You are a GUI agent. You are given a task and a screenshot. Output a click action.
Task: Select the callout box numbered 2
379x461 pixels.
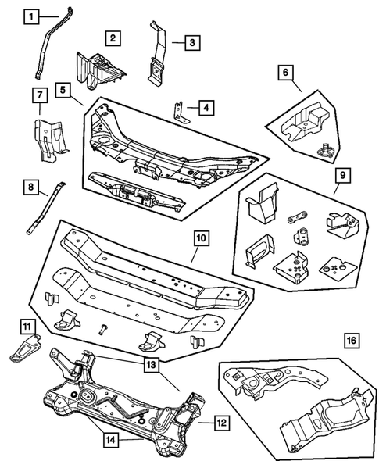[113, 38]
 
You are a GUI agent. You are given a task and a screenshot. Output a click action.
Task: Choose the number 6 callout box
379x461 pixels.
[286, 73]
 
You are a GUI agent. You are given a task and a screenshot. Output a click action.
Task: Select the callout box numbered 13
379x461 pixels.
[150, 363]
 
